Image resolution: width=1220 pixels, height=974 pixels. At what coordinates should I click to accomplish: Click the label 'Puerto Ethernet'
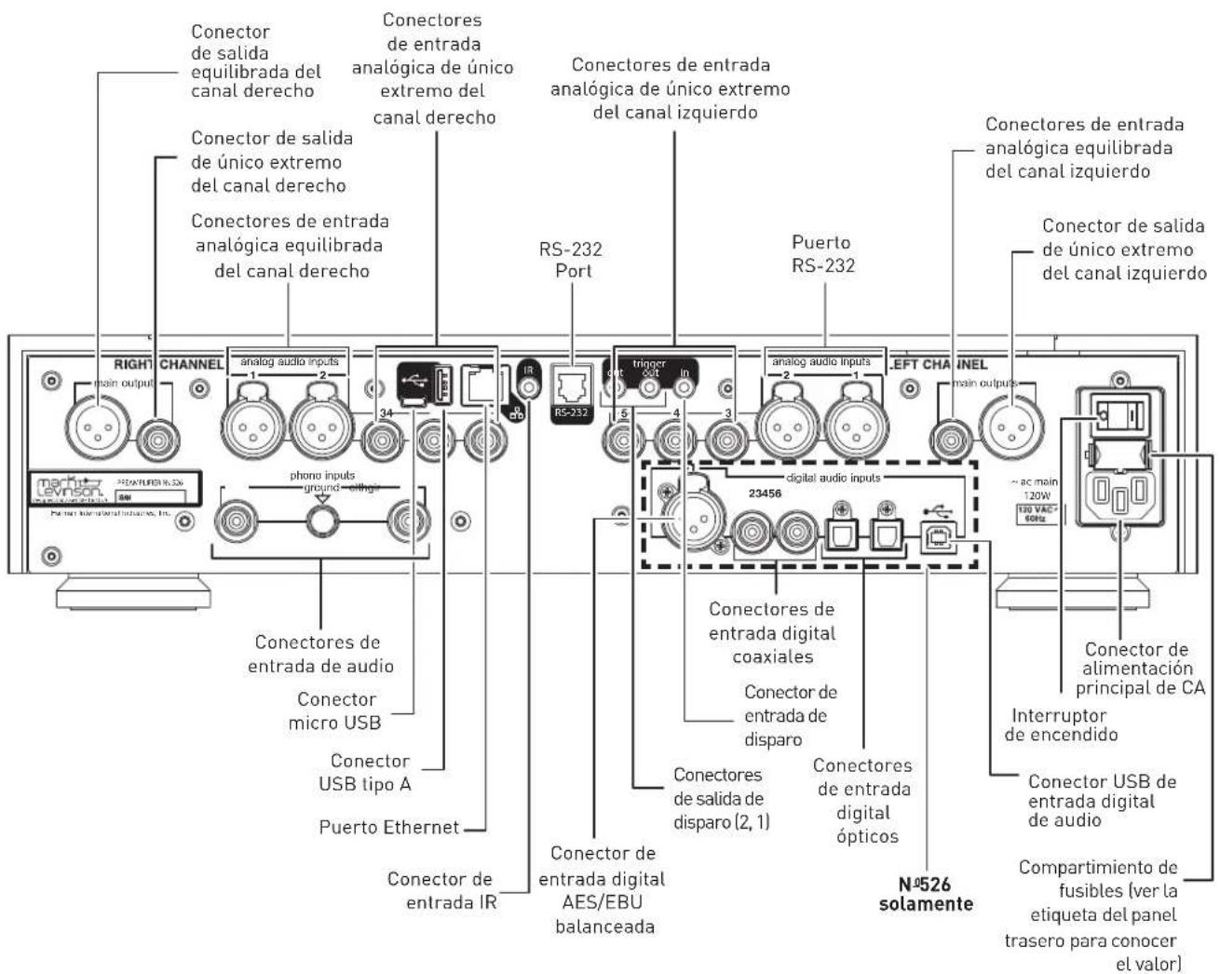pyautogui.click(x=389, y=827)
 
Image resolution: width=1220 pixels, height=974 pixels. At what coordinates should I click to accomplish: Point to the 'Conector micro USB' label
pyautogui.click(x=335, y=710)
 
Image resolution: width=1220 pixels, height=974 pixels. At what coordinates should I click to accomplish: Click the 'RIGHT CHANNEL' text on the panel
pyautogui.click(x=168, y=363)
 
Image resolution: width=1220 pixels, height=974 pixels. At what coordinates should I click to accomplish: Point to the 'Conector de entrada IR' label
pyautogui.click(x=440, y=890)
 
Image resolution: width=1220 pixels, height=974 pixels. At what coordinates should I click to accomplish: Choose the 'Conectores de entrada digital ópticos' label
pyautogui.click(x=862, y=801)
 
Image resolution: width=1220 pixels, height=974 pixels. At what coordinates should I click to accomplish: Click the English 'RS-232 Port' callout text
pyautogui.click(x=570, y=261)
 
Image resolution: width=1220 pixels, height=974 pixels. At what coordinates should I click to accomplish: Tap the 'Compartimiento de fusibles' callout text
pyautogui.click(x=1097, y=915)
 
